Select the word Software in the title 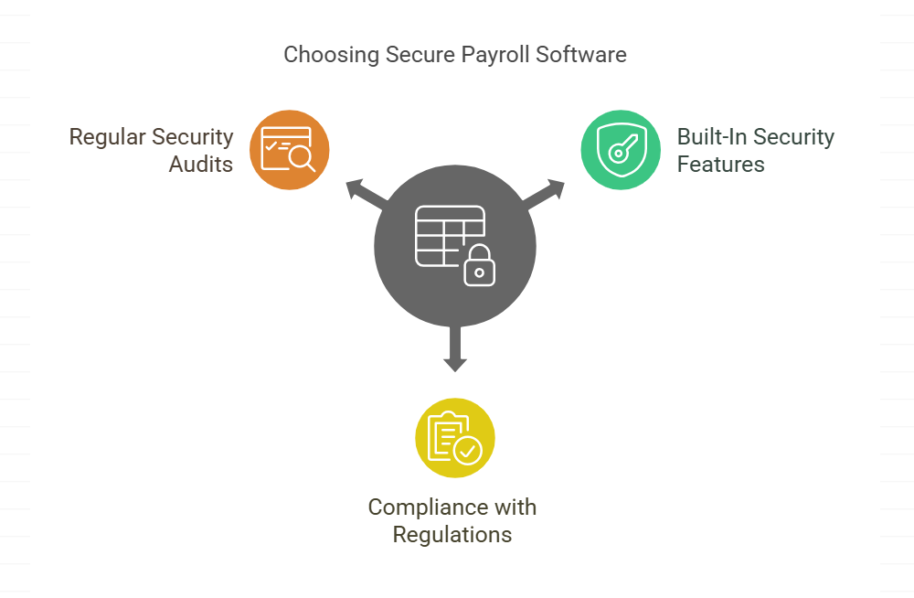click(581, 55)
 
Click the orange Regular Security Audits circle click(289, 150)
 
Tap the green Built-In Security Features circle click(621, 150)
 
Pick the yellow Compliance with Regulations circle click(455, 437)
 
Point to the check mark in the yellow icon click(468, 450)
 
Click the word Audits click(201, 165)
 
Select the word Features click(720, 165)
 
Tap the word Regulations click(452, 534)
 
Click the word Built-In click(707, 137)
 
